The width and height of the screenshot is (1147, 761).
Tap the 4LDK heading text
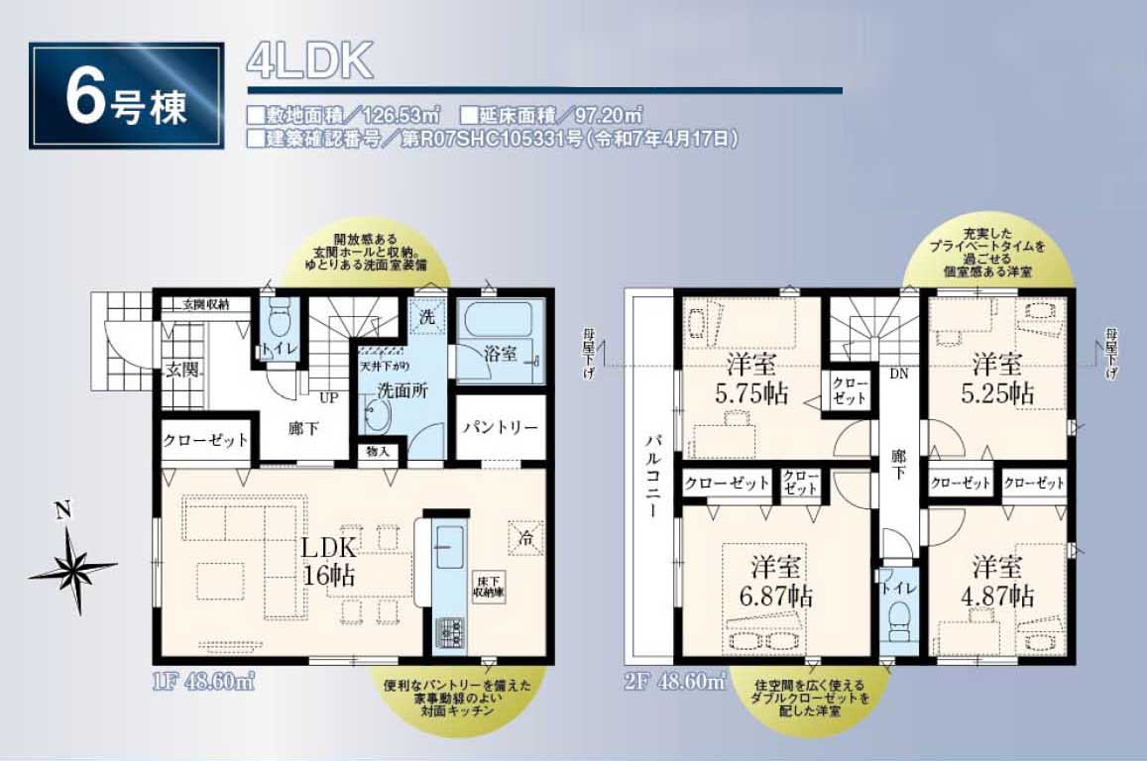pyautogui.click(x=309, y=62)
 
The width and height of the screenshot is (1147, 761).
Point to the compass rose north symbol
pyautogui.click(x=71, y=567)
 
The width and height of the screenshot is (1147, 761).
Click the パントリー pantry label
pyautogui.click(x=501, y=428)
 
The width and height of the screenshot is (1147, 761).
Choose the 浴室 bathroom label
pyautogui.click(x=501, y=353)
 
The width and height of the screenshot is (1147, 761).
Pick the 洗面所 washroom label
pyautogui.click(x=402, y=389)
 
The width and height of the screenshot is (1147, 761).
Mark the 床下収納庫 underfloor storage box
pyautogui.click(x=486, y=587)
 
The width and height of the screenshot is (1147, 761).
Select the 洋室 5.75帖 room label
pyautogui.click(x=749, y=378)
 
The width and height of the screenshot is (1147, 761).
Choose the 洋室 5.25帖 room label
pyautogui.click(x=1002, y=378)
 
